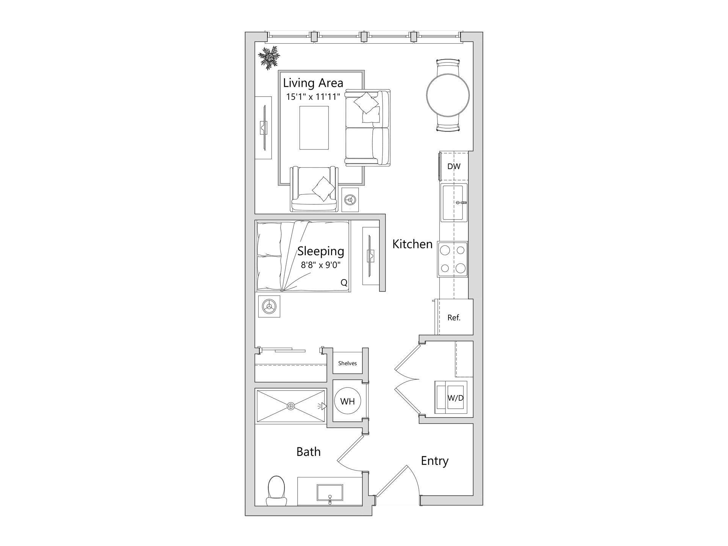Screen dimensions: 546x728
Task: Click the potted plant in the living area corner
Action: pyautogui.click(x=269, y=58)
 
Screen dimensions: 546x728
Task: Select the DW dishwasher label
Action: pyautogui.click(x=454, y=166)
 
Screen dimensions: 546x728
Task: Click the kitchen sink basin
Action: pyautogui.click(x=453, y=202)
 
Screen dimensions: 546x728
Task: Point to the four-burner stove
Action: pyautogui.click(x=453, y=259)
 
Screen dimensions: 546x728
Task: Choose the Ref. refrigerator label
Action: pyautogui.click(x=454, y=318)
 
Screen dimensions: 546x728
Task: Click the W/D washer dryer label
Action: pyautogui.click(x=455, y=398)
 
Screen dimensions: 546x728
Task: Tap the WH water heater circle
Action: pyautogui.click(x=347, y=401)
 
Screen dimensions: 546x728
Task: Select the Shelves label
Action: pyautogui.click(x=347, y=363)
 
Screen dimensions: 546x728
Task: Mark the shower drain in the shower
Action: pyautogui.click(x=291, y=406)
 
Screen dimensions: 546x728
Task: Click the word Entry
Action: pyautogui.click(x=435, y=461)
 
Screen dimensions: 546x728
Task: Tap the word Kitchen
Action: pyautogui.click(x=412, y=244)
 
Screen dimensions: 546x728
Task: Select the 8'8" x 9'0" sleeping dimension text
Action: pyautogui.click(x=321, y=265)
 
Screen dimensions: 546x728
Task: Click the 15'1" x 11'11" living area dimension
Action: pyautogui.click(x=313, y=97)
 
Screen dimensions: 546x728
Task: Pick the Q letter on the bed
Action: pyautogui.click(x=344, y=282)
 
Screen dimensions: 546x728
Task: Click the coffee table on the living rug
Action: pyautogui.click(x=314, y=128)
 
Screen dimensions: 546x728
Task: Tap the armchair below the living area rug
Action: pyautogui.click(x=314, y=190)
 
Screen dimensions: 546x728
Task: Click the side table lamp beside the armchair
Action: pyautogui.click(x=350, y=199)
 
